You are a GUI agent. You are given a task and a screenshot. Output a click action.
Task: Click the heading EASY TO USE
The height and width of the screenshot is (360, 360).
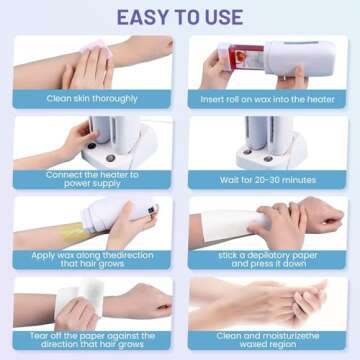click(180, 17)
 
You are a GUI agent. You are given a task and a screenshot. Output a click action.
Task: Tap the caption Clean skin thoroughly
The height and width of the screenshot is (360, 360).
click(92, 99)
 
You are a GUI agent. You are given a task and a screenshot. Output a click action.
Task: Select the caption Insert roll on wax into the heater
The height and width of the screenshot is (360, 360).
click(267, 99)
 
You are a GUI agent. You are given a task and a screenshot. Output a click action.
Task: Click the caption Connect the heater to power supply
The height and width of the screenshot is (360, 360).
click(92, 179)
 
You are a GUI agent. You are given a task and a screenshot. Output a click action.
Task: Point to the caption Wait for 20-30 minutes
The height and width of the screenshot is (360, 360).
click(268, 180)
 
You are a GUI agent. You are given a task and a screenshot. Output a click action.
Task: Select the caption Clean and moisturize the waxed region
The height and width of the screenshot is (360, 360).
click(268, 340)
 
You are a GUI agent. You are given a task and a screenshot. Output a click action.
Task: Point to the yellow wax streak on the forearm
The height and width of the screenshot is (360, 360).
click(73, 233)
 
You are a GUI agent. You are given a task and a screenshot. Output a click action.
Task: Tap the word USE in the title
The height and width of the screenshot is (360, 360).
click(223, 17)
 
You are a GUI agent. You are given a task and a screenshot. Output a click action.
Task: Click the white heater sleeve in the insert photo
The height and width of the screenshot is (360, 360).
click(300, 58)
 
